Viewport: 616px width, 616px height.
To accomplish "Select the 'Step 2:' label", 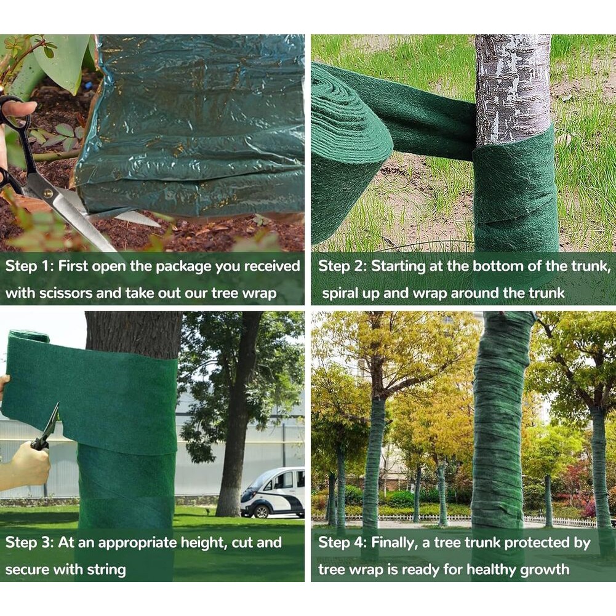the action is pyautogui.click(x=342, y=266).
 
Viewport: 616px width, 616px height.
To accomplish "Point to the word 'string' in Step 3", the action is pyautogui.click(x=106, y=570).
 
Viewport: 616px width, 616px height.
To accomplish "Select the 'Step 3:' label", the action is pyautogui.click(x=29, y=543).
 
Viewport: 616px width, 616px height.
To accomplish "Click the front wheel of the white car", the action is pyautogui.click(x=261, y=511).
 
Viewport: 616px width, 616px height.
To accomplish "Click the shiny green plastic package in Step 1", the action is pyautogui.click(x=193, y=126).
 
